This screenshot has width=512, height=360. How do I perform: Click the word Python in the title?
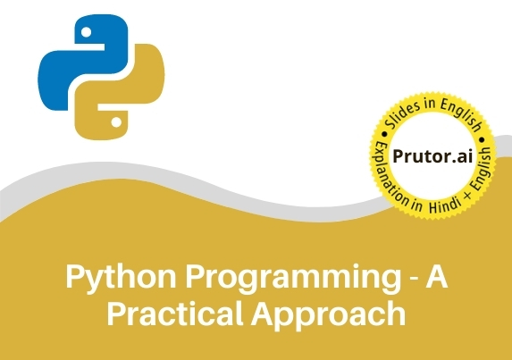[121, 278]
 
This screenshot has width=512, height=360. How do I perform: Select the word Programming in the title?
[294, 278]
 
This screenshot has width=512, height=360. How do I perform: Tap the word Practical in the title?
[175, 313]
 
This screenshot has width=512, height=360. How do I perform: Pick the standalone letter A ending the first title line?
[436, 276]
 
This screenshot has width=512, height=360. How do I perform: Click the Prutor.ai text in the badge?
[432, 156]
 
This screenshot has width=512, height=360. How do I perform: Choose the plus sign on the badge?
[467, 195]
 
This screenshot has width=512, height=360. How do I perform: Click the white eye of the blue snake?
[86, 32]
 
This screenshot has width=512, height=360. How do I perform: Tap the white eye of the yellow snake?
[116, 122]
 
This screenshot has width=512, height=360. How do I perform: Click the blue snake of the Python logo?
[81, 62]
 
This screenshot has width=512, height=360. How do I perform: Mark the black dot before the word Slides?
[384, 134]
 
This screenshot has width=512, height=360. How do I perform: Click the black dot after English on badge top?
[482, 140]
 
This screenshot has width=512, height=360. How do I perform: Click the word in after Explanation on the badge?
[416, 206]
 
